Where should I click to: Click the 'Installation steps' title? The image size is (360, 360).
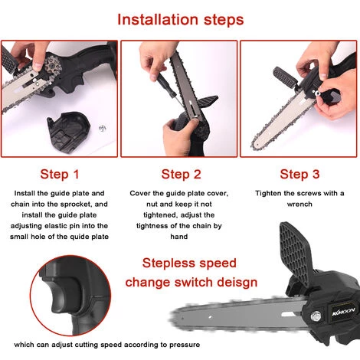pyautogui.click(x=181, y=20)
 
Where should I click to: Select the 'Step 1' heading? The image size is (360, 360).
pyautogui.click(x=60, y=175)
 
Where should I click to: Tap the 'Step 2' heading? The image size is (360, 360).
pyautogui.click(x=181, y=175)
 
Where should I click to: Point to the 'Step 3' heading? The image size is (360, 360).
pyautogui.click(x=299, y=175)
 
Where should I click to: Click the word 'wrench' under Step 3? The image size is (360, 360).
pyautogui.click(x=299, y=205)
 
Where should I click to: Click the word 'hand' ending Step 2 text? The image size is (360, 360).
pyautogui.click(x=179, y=237)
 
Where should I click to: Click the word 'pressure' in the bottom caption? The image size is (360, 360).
pyautogui.click(x=185, y=345)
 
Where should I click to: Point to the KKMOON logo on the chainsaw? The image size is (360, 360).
pyautogui.click(x=343, y=311)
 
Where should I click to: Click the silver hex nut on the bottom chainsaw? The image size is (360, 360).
pyautogui.click(x=316, y=316)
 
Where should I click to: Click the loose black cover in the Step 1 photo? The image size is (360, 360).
pyautogui.click(x=68, y=131)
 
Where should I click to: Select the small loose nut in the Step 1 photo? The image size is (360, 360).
pyautogui.click(x=103, y=128)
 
